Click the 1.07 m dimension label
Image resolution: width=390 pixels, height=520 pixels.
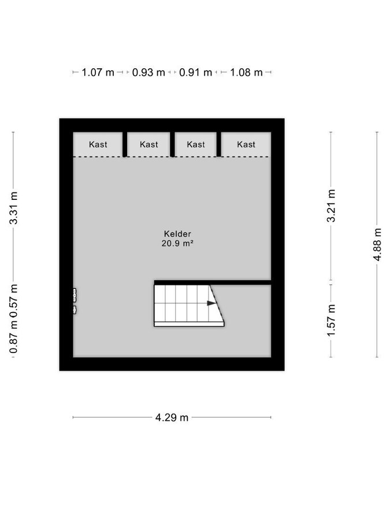(98, 72)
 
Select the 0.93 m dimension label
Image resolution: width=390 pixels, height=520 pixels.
(148, 72)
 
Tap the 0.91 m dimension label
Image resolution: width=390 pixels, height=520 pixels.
(195, 72)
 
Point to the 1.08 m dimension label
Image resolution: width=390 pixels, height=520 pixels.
(246, 72)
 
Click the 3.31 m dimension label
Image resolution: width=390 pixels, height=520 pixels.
(14, 208)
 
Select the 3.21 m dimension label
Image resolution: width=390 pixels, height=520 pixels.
(331, 206)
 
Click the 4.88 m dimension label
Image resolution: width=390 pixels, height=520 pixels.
(377, 244)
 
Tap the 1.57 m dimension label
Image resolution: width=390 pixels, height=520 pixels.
(331, 320)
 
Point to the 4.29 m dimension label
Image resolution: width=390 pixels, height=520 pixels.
(172, 417)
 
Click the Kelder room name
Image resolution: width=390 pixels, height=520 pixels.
(177, 234)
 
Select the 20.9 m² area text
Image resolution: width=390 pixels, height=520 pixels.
(177, 243)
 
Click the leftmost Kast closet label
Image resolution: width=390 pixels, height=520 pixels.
(98, 144)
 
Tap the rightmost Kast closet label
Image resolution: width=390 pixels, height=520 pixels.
(246, 144)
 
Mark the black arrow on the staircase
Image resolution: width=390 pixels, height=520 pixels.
(211, 303)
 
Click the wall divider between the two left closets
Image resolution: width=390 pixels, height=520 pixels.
(125, 144)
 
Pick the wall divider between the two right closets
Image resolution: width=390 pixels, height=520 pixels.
(219, 144)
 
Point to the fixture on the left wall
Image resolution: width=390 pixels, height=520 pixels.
(75, 301)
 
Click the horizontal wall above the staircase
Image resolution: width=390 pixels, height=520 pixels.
(213, 283)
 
